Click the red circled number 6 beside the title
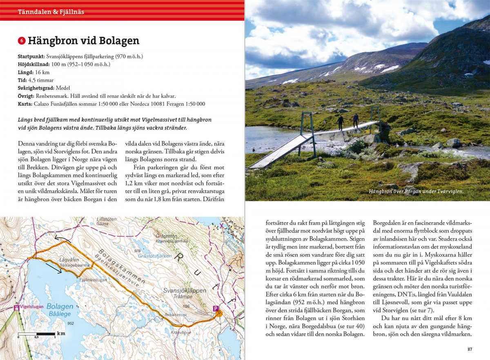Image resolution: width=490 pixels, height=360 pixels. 22,41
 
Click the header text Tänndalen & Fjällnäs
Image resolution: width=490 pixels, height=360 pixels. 51,12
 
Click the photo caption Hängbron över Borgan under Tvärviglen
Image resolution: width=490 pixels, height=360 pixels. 416,191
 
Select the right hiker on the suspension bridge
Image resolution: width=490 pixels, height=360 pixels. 356,120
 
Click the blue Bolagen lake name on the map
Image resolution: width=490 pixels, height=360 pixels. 60,306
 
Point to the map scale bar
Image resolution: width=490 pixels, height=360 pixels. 37,334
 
